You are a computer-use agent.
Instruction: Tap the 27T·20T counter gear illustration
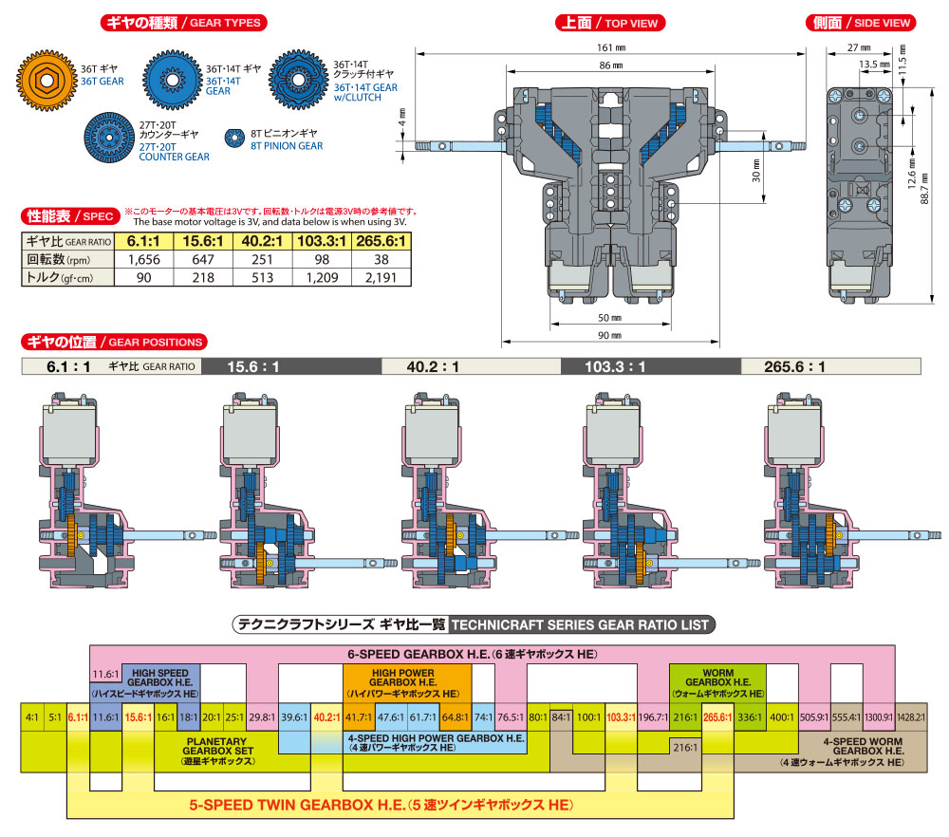[x=110, y=139]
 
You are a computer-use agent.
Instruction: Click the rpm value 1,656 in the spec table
[x=140, y=258]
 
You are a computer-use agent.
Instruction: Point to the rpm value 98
[x=321, y=258]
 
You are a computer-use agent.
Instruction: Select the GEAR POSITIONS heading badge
[x=113, y=342]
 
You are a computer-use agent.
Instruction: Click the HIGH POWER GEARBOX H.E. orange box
[x=407, y=681]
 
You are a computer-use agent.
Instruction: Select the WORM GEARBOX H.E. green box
[x=707, y=681]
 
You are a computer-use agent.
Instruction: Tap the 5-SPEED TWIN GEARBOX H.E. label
[x=381, y=805]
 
